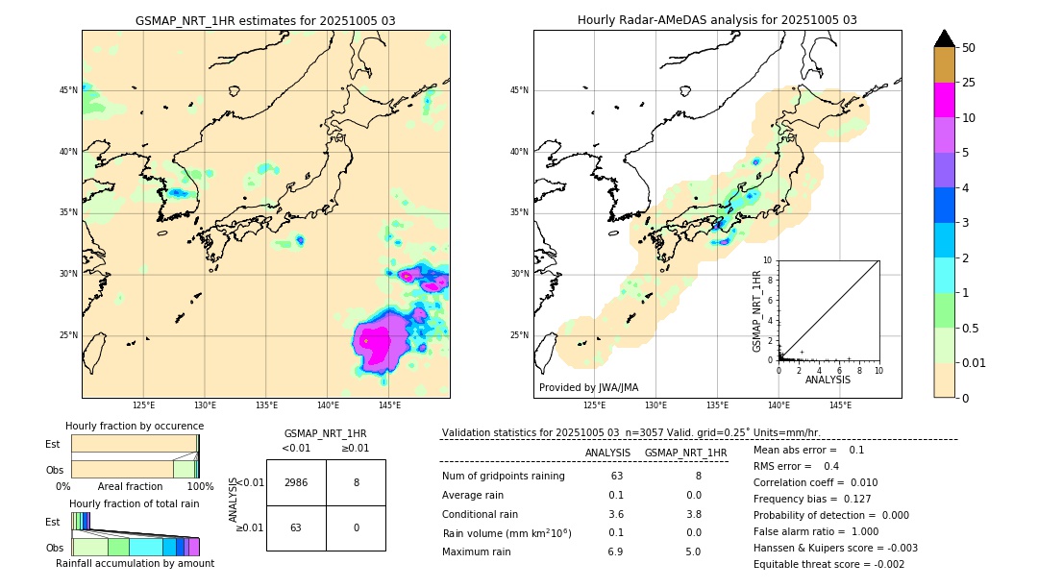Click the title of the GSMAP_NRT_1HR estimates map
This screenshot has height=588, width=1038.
coord(265,20)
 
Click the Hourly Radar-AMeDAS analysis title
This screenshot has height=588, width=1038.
coord(717,20)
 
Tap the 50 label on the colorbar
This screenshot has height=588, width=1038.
coord(969,48)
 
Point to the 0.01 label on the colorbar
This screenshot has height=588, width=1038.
coord(975,362)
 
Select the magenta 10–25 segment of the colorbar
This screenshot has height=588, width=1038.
coord(944,100)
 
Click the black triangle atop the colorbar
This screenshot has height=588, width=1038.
coord(944,38)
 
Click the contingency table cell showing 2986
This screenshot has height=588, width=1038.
coord(296,482)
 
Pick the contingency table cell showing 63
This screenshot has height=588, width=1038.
coord(296,527)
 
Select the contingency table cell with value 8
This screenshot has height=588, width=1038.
coord(356,482)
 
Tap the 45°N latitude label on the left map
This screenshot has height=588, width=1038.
coord(68,90)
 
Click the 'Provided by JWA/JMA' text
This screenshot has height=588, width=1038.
coord(588,387)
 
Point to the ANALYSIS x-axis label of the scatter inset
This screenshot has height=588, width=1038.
coord(828,380)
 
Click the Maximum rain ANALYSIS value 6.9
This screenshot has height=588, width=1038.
coord(616,551)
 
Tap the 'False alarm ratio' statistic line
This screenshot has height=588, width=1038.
coord(814,531)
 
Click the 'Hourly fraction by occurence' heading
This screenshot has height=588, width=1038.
coord(135,426)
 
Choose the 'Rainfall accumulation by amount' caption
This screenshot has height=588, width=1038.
coord(135,563)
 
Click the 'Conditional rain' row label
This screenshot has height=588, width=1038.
coord(482,514)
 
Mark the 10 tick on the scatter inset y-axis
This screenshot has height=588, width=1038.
coord(768,260)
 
